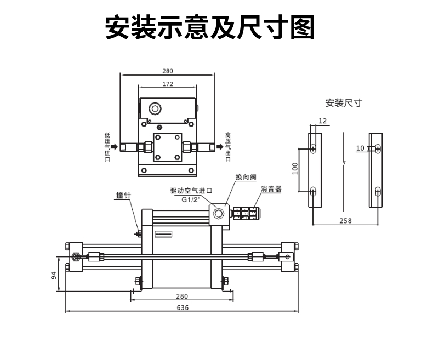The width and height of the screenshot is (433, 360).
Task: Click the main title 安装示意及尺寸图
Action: click(x=210, y=28)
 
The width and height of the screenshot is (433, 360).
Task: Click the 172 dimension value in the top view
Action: click(x=168, y=84)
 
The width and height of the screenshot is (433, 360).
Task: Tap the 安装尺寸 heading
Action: click(x=343, y=102)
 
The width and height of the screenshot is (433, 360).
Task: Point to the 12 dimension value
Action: click(x=322, y=121)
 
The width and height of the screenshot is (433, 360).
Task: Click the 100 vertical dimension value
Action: click(x=294, y=168)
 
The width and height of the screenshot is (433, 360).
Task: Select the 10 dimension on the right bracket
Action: click(x=360, y=148)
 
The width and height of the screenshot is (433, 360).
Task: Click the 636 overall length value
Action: click(x=183, y=308)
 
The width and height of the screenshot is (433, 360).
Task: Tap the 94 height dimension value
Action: click(x=54, y=275)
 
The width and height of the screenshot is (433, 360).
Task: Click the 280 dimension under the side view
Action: click(x=182, y=296)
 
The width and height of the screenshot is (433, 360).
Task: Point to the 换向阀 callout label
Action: click(x=245, y=177)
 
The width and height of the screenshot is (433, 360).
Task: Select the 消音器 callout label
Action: click(x=271, y=189)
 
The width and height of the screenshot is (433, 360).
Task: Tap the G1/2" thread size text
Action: click(x=192, y=199)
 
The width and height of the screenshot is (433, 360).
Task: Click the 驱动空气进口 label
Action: click(x=191, y=191)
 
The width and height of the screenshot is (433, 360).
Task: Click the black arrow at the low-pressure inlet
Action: click(x=114, y=147)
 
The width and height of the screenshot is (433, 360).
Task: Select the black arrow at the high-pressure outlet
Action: click(x=220, y=147)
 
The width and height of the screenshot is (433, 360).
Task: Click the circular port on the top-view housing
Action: click(x=156, y=108)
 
